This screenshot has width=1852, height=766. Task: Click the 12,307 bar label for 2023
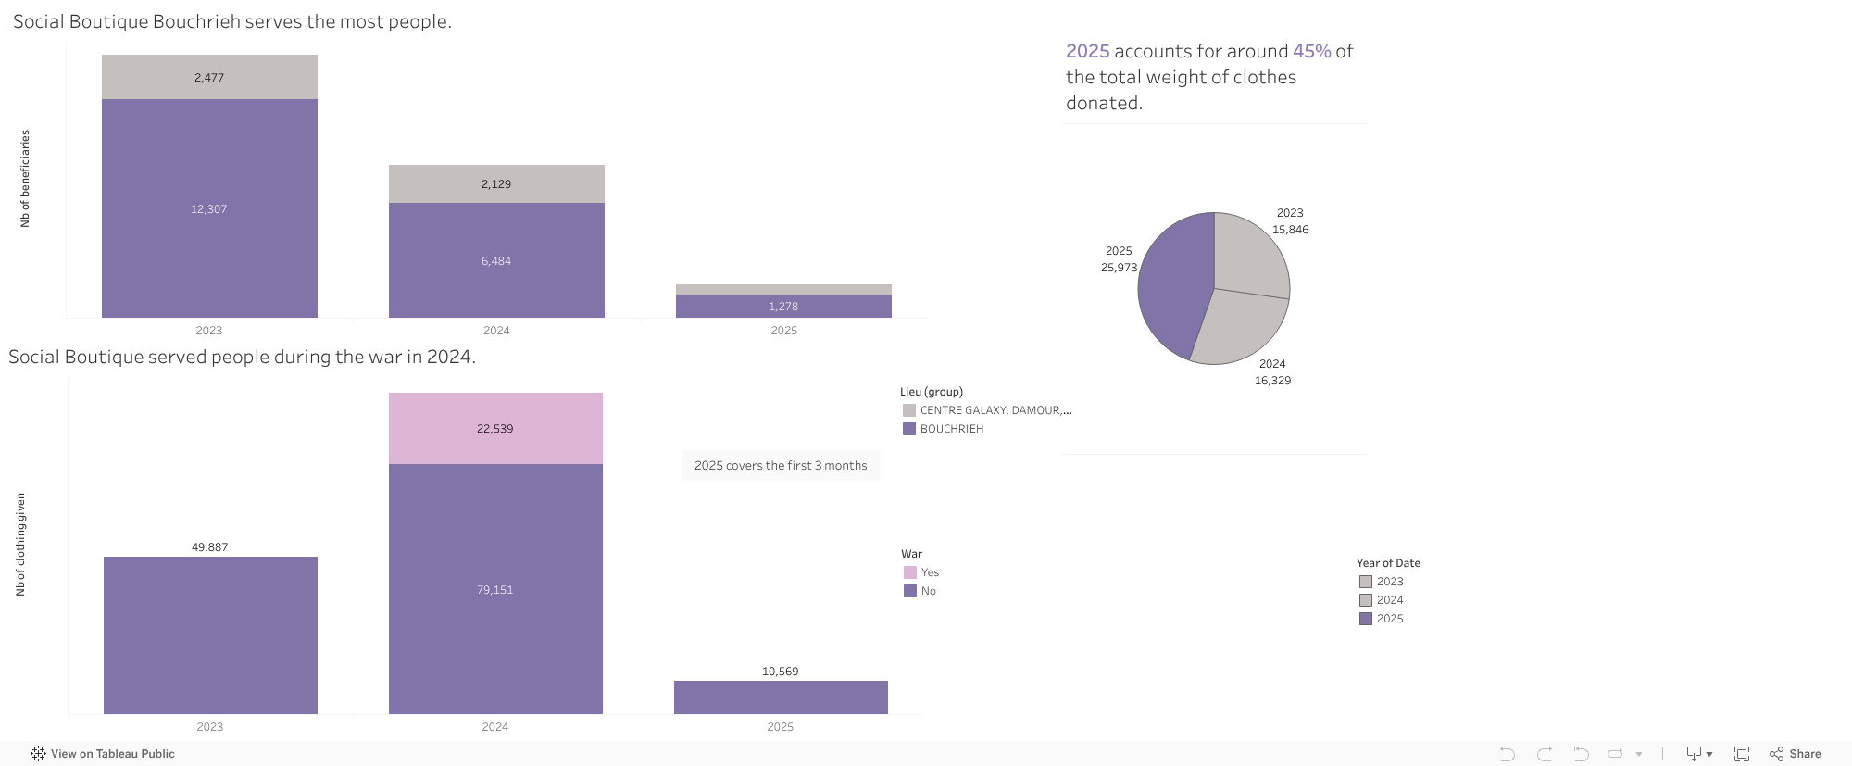point(209,209)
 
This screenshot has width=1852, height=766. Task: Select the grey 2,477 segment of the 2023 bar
point(209,77)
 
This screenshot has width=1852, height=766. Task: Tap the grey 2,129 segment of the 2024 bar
point(496,183)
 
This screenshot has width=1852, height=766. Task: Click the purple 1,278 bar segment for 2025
point(783,307)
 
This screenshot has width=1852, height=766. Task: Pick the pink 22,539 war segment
point(495,428)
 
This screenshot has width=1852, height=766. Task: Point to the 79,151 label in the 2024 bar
point(495,590)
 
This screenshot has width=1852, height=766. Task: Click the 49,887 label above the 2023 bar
point(210,547)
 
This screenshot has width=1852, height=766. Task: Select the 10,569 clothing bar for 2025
point(781,697)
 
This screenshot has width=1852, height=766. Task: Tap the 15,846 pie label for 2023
point(1290,230)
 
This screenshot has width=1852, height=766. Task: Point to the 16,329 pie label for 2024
point(1272,381)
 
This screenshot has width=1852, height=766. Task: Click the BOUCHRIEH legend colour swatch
point(909,429)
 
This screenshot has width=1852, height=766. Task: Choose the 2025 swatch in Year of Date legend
point(1366,619)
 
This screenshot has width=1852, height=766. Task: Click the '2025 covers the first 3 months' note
point(781,466)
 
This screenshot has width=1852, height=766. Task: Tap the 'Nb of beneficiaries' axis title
point(25,178)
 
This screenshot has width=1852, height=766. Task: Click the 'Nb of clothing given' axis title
point(20,544)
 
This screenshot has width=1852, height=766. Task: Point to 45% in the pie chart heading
point(1311,51)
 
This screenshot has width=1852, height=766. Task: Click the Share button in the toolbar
point(1796,754)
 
